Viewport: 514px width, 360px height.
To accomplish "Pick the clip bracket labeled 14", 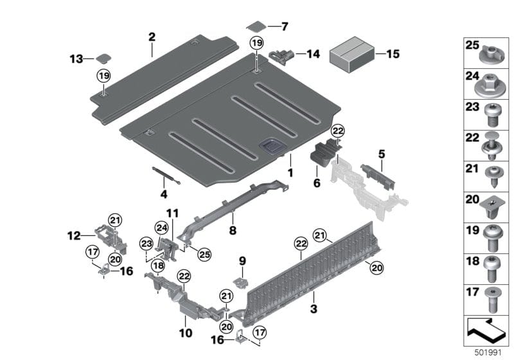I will (x=283, y=55).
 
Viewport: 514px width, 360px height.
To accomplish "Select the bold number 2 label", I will (x=152, y=37).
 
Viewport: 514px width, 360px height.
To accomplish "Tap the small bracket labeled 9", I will (x=242, y=283).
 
